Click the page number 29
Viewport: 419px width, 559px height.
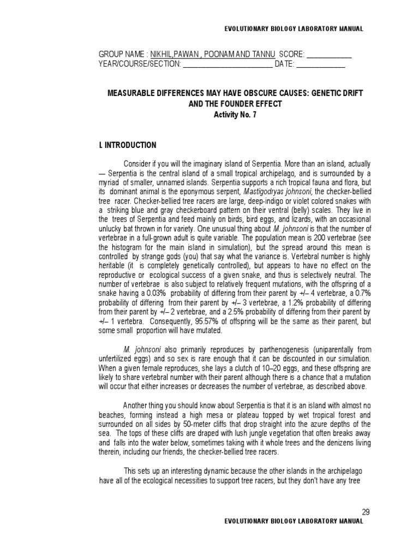(366, 512)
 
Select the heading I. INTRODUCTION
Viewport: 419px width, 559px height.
(127, 145)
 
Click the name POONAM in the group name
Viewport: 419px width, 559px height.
(222, 55)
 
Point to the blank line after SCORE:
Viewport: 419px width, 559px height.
(330, 55)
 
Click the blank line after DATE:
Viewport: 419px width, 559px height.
(320, 64)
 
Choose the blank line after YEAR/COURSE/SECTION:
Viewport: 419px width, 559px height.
(228, 64)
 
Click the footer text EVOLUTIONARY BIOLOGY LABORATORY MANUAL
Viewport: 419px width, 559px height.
(294, 521)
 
